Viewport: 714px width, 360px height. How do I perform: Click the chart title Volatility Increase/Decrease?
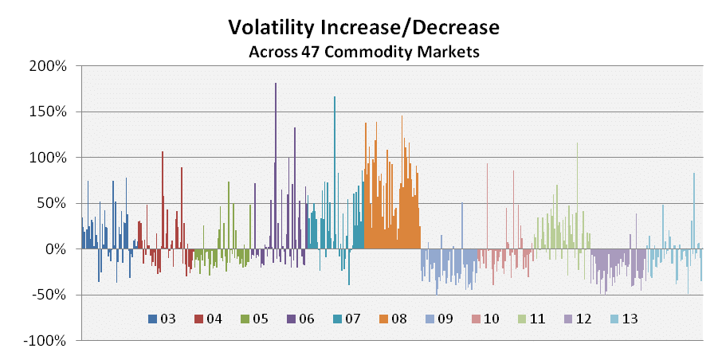pos(363,28)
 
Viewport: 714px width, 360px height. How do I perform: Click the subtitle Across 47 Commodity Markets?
pos(363,52)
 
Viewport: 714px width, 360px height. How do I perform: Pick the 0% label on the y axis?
pos(55,249)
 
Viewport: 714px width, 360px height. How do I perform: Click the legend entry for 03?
pos(162,319)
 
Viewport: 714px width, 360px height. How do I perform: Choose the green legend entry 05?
pos(253,319)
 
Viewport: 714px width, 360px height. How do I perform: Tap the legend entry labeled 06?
pos(300,319)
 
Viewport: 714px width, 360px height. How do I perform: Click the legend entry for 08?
pos(391,319)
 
